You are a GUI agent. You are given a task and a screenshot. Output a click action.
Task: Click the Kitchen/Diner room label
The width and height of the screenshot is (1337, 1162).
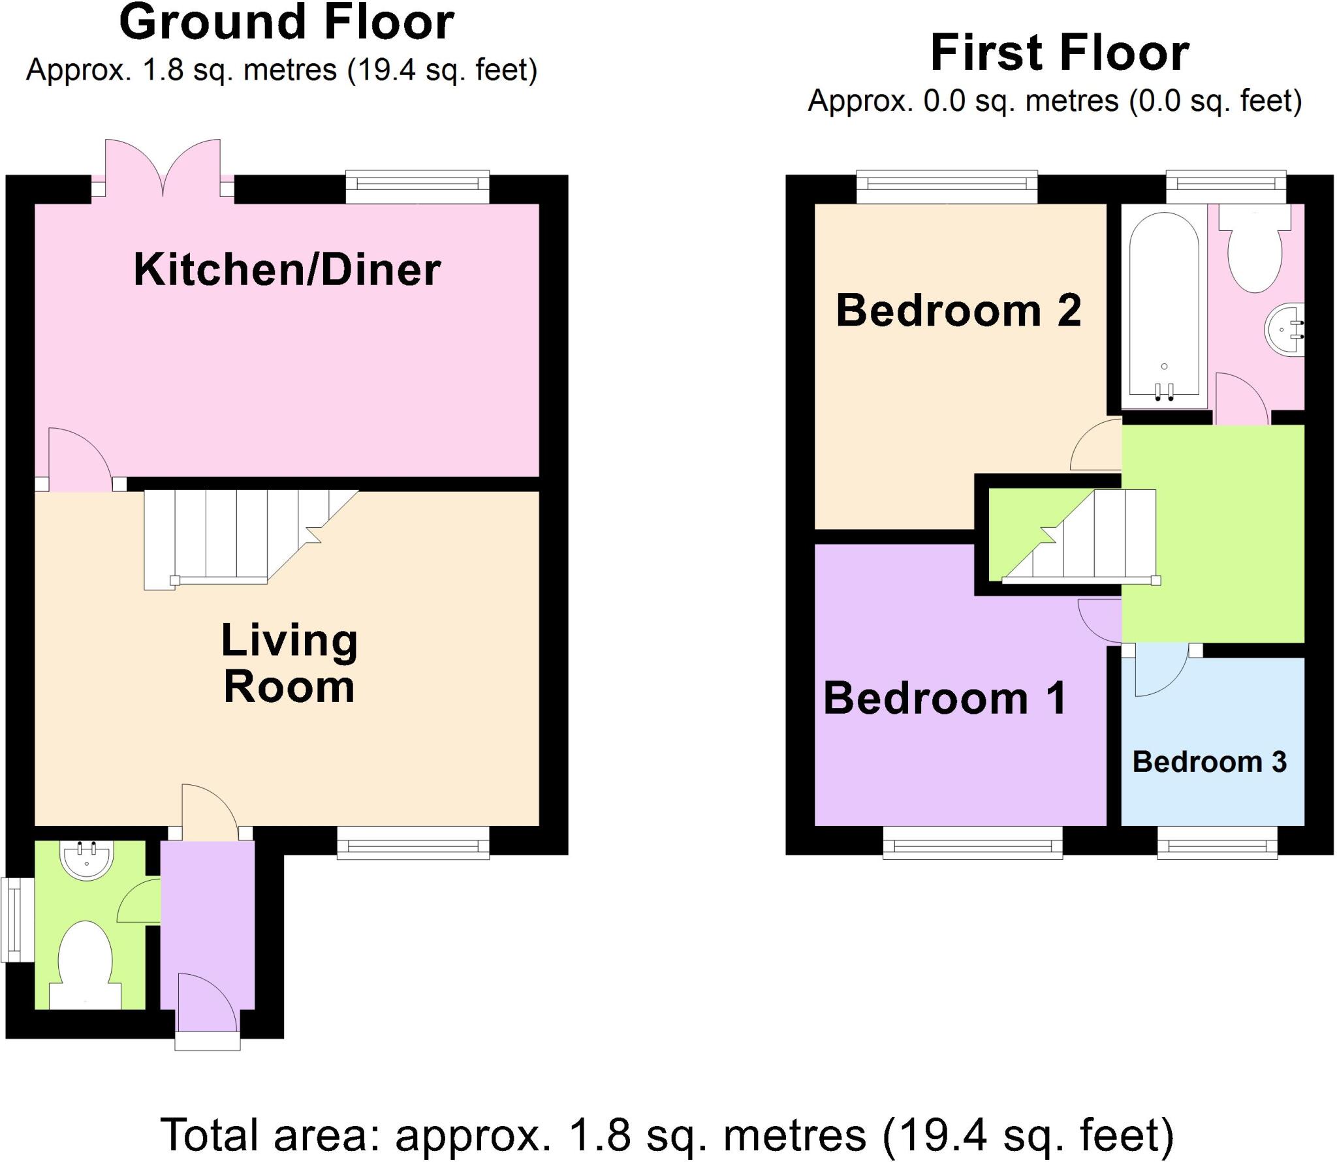click(287, 269)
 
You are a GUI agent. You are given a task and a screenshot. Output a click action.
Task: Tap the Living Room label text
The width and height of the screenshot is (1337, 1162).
click(289, 664)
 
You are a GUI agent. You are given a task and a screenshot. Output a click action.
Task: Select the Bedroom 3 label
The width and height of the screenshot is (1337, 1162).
click(1209, 761)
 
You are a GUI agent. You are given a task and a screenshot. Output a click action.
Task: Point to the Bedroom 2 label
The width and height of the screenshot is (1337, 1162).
click(958, 310)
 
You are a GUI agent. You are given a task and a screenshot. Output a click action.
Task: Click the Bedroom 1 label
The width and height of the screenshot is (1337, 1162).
click(945, 698)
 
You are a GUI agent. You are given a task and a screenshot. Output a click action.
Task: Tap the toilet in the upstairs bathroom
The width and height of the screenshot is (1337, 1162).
click(1255, 251)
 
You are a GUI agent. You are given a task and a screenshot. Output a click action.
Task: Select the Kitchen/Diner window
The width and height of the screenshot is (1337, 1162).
click(417, 187)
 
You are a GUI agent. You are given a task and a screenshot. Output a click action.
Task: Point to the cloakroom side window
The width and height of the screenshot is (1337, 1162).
click(17, 921)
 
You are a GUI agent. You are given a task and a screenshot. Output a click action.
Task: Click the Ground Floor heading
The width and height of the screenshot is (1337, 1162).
click(287, 23)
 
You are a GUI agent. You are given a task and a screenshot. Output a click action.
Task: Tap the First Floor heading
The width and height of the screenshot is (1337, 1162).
click(1059, 54)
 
